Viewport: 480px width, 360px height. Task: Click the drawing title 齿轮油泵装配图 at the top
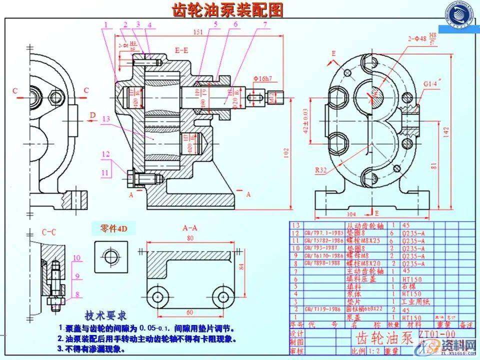[x=227, y=10]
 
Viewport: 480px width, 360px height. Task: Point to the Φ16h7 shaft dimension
[x=262, y=78]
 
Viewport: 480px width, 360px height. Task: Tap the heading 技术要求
[x=105, y=316]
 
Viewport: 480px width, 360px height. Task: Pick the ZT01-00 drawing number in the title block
[x=438, y=333]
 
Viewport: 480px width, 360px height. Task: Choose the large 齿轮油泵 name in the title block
[x=382, y=337]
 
